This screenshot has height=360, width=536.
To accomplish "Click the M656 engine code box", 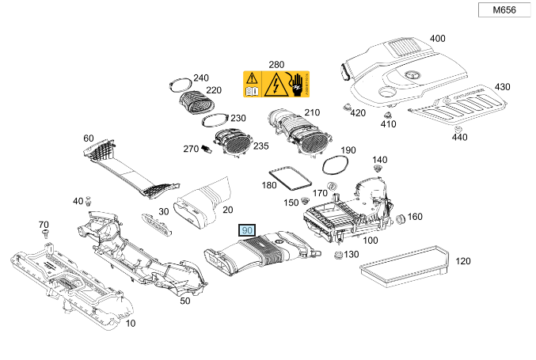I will point(504,10).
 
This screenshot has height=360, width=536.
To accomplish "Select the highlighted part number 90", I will point(246,231).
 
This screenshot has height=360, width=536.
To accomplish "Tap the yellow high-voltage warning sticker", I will point(276,83).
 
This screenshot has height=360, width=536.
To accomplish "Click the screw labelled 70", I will point(45,235).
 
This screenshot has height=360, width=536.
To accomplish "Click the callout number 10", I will point(131,324).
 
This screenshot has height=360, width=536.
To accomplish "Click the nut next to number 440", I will point(458,127).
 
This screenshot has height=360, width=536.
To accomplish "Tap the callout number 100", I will point(370,240).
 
